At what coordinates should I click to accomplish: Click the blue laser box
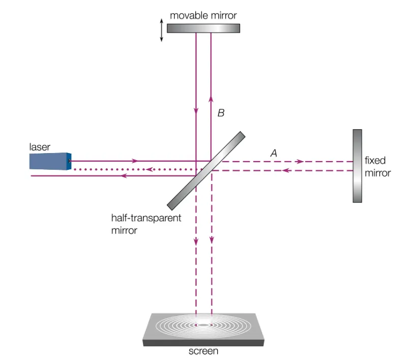click(49, 161)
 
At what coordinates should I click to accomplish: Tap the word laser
click(40, 147)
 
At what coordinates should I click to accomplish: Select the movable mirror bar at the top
click(203, 28)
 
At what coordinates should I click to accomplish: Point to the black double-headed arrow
click(162, 31)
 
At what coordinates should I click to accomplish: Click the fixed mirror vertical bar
click(358, 166)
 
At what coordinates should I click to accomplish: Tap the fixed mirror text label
click(377, 167)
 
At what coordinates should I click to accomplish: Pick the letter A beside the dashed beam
click(274, 152)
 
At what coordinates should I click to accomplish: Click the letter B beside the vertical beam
click(221, 113)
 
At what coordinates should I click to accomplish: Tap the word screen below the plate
click(203, 351)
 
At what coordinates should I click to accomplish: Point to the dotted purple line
click(132, 169)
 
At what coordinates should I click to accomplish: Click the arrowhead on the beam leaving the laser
click(135, 161)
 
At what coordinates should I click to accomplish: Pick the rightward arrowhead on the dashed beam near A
click(300, 161)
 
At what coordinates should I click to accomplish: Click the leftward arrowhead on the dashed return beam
click(286, 170)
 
